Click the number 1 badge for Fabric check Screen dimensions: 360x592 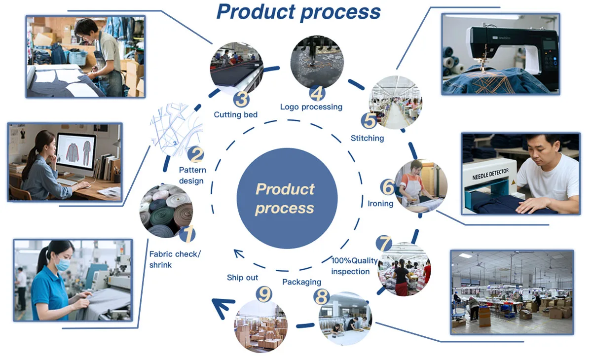pyautogui.click(x=187, y=234)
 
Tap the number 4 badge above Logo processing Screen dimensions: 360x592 pyautogui.click(x=317, y=93)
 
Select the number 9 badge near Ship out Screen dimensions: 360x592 pyautogui.click(x=264, y=294)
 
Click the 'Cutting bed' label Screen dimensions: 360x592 pyautogui.click(x=236, y=115)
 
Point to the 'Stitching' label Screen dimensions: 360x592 pyautogui.click(x=367, y=138)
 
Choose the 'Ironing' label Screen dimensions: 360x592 pyautogui.click(x=380, y=203)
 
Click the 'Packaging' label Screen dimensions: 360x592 pyautogui.click(x=301, y=282)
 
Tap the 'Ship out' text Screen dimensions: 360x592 pyautogui.click(x=242, y=278)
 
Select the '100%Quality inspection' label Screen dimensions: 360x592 pyautogui.click(x=354, y=266)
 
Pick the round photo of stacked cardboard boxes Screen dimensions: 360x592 pyautogui.click(x=260, y=325)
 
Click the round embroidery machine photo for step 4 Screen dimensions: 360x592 pyautogui.click(x=315, y=62)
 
